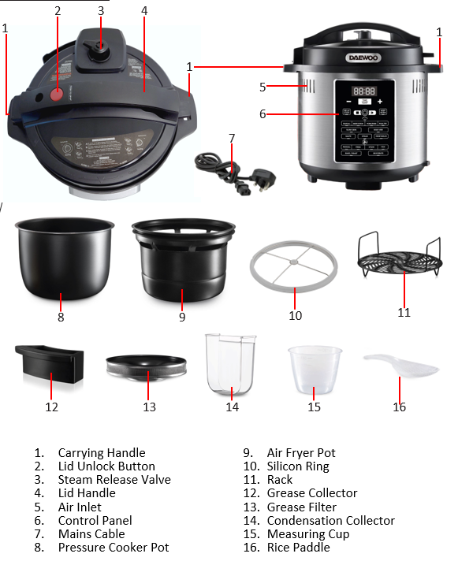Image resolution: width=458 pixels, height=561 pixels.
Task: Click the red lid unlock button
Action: (57, 95)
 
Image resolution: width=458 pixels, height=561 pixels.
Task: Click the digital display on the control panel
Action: (363, 91)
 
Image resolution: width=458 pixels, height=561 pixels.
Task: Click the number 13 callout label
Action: (149, 407)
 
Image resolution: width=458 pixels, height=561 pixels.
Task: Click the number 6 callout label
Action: (263, 113)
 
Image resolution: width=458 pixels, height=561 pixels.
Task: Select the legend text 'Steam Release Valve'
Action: (114, 479)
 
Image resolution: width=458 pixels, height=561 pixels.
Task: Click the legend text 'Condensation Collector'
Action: (330, 520)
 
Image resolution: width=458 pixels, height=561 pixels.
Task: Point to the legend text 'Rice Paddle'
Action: (298, 547)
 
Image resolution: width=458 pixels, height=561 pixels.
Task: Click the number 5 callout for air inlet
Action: (263, 86)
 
